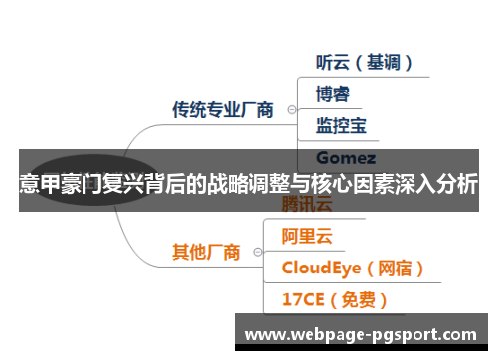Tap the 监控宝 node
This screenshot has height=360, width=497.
(341, 125)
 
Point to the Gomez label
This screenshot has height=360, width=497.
(345, 158)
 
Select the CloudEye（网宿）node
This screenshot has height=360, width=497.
(354, 268)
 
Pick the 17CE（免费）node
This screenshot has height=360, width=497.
(335, 299)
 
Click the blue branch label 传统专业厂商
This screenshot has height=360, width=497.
(223, 110)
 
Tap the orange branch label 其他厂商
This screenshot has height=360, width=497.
(206, 252)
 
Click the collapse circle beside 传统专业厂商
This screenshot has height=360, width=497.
(291, 111)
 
